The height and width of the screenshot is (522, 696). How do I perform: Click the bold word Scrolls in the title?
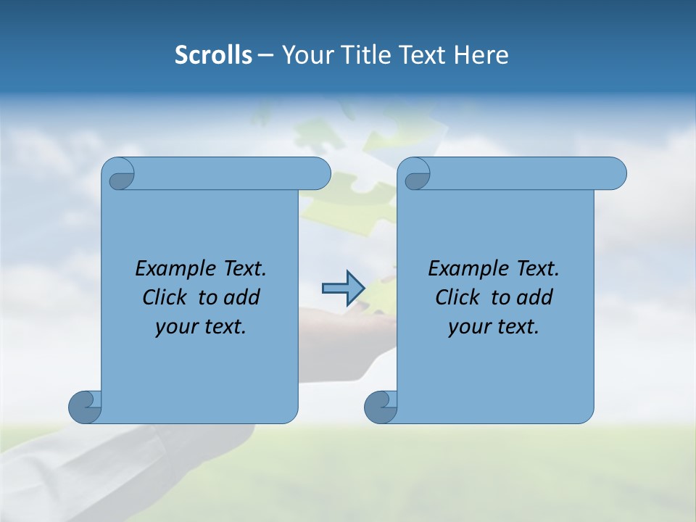pyautogui.click(x=213, y=54)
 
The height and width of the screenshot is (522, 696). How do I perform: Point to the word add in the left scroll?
pyautogui.click(x=241, y=297)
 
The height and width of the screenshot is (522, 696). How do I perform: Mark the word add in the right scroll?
pyautogui.click(x=534, y=297)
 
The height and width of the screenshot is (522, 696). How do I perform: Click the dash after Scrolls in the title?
pyautogui.click(x=266, y=54)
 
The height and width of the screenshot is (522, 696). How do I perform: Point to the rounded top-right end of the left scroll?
pyautogui.click(x=319, y=173)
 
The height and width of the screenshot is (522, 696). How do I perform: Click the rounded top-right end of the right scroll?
pyautogui.click(x=615, y=173)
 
